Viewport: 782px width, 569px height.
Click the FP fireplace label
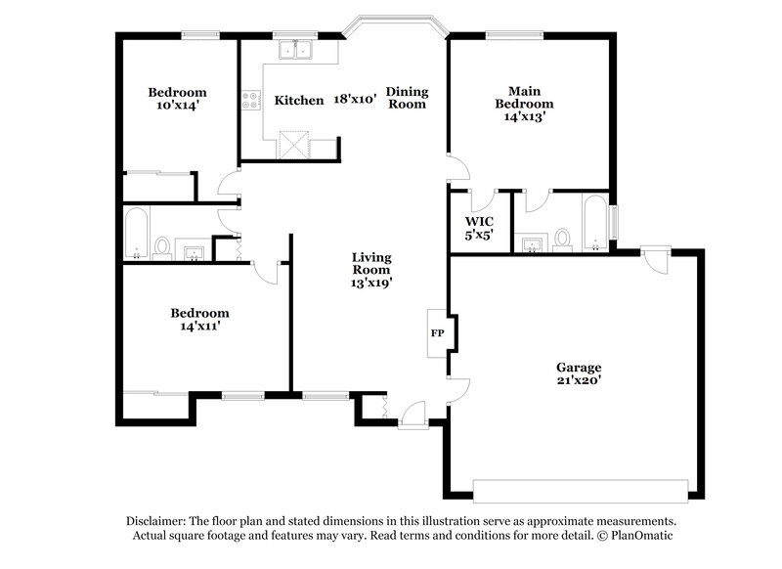pyautogui.click(x=437, y=332)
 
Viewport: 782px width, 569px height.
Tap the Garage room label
pyautogui.click(x=580, y=368)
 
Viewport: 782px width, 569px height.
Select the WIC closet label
pyautogui.click(x=478, y=221)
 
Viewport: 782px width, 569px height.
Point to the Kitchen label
pyautogui.click(x=298, y=100)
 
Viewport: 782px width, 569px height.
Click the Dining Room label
pyautogui.click(x=407, y=98)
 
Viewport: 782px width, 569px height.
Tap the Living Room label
pyautogui.click(x=371, y=263)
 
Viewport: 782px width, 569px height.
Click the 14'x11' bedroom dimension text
pyautogui.click(x=199, y=327)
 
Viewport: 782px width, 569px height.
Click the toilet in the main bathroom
pyautogui.click(x=562, y=238)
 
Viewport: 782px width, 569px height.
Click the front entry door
pyautogui.click(x=413, y=417)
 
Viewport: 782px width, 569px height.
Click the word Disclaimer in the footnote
pyautogui.click(x=159, y=522)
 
